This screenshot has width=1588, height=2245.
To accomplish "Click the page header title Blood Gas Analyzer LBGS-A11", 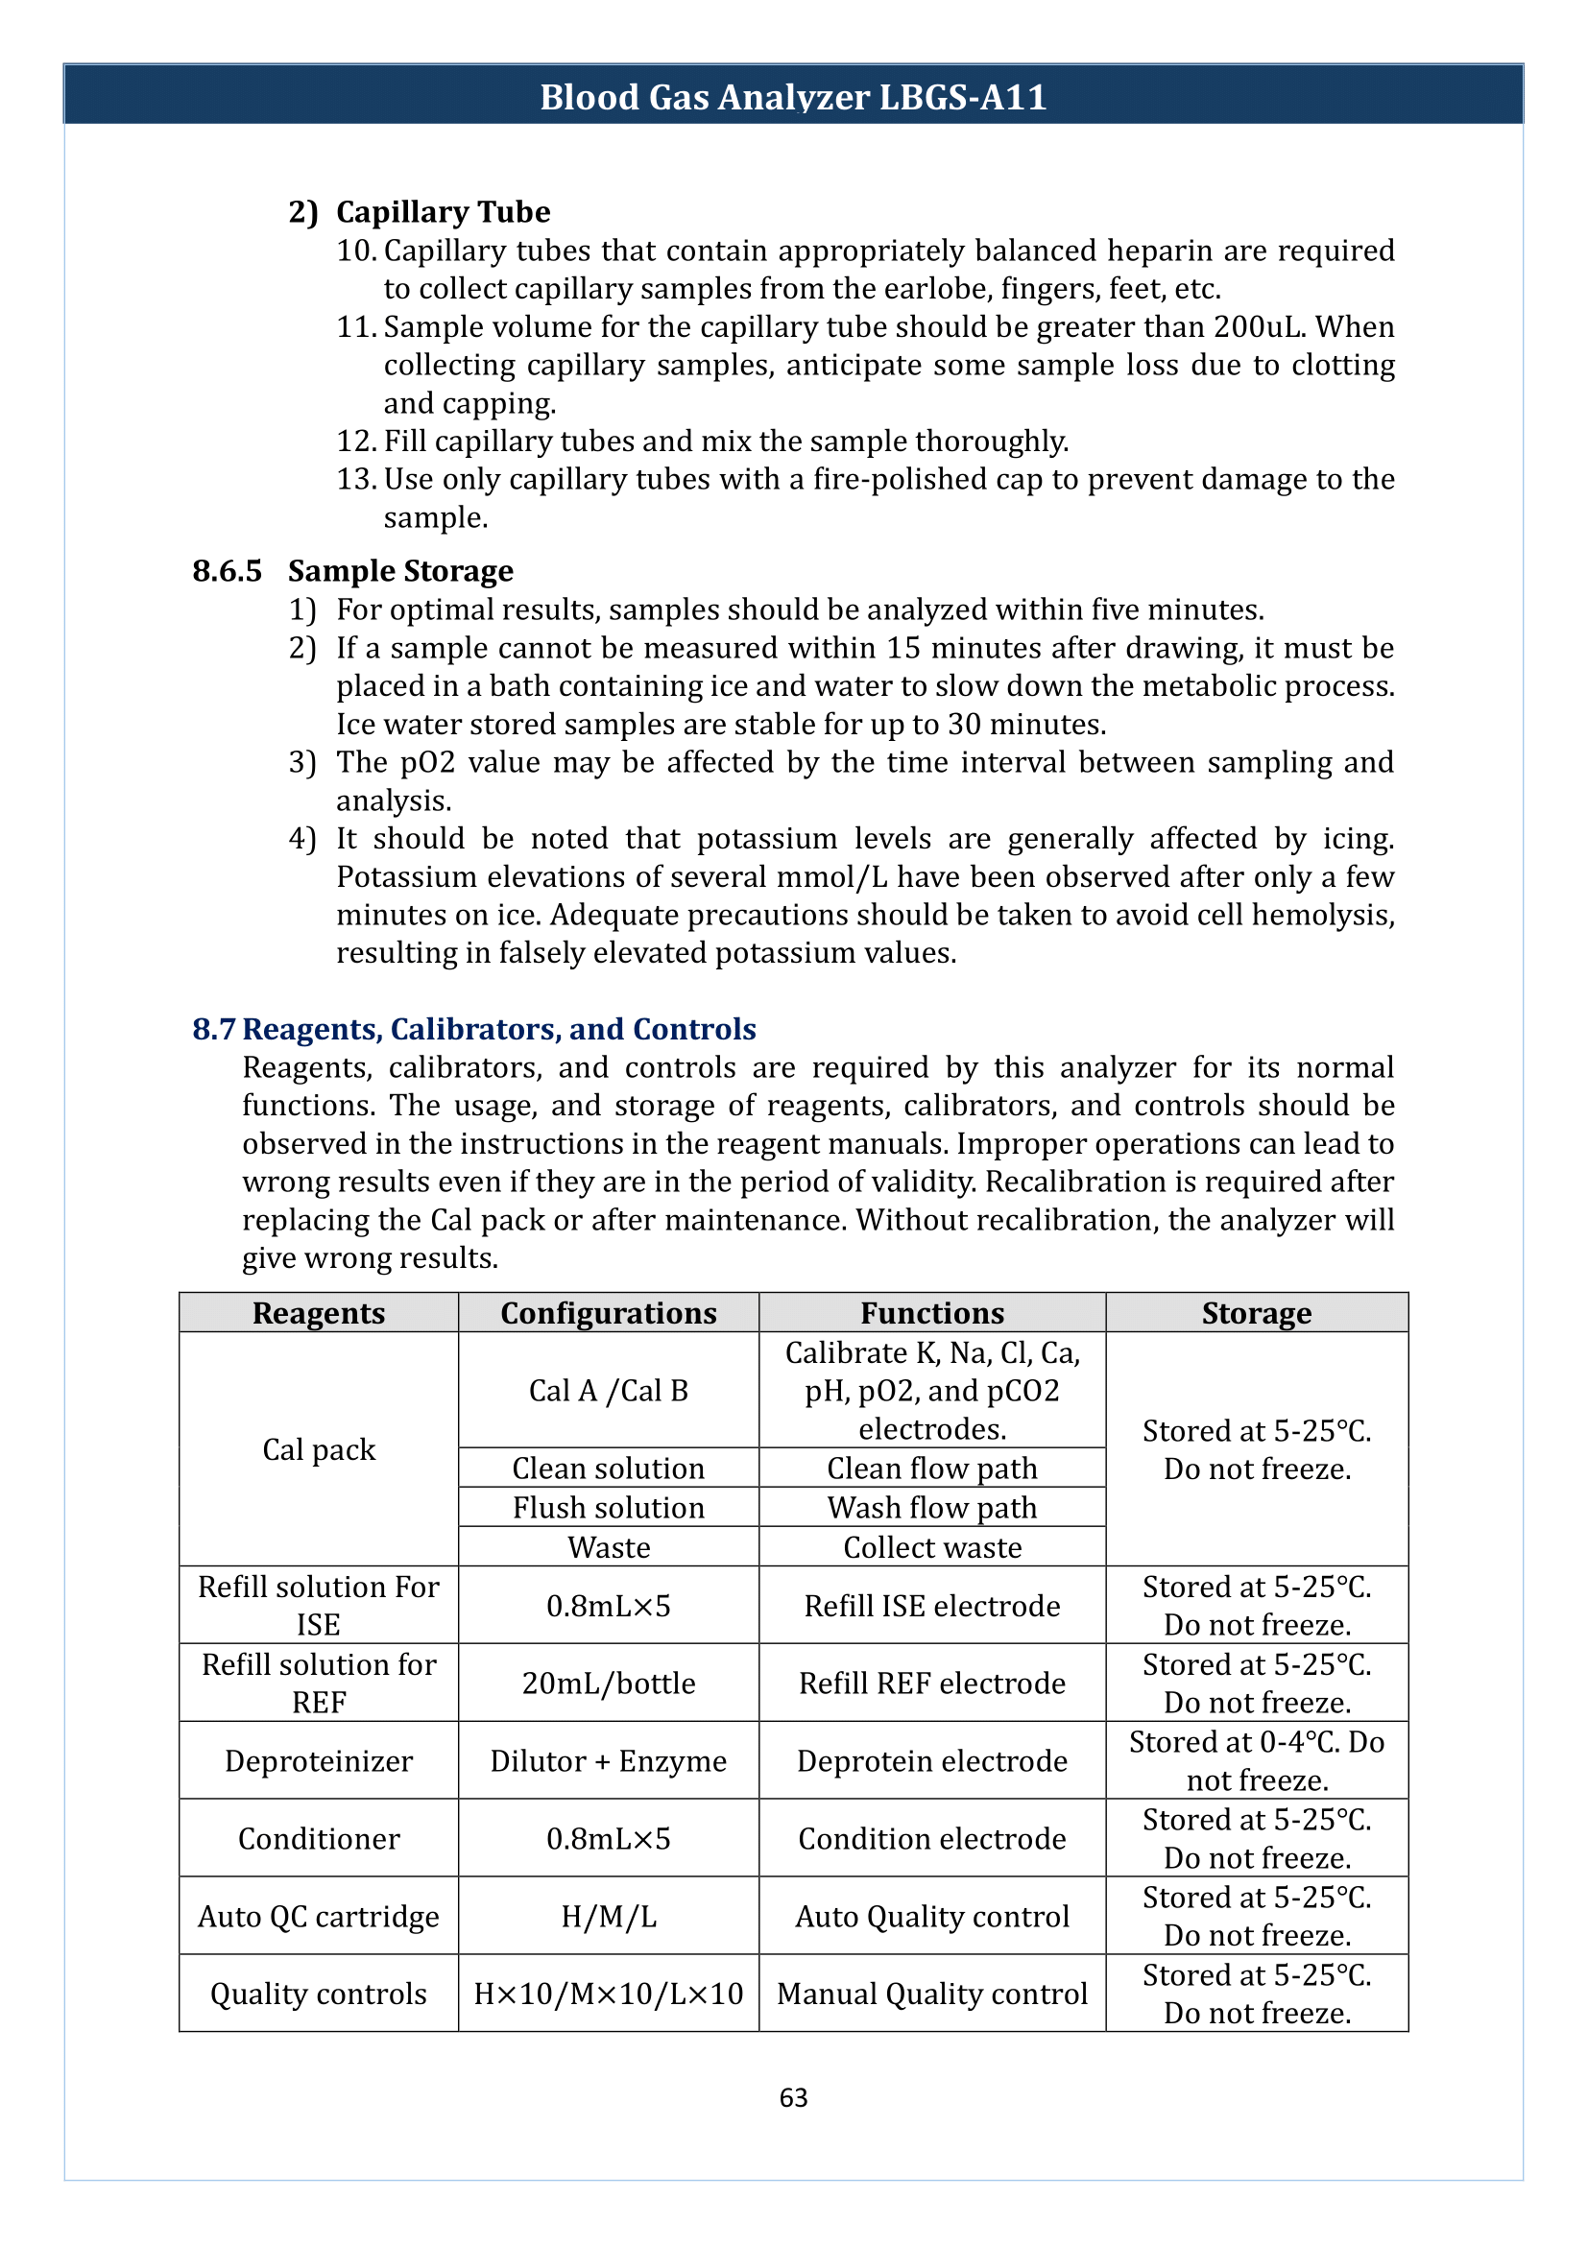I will pyautogui.click(x=793, y=97).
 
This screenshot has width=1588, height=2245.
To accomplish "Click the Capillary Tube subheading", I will pyautogui.click(x=442, y=212).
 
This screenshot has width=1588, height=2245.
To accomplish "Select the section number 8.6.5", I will pyautogui.click(x=227, y=571).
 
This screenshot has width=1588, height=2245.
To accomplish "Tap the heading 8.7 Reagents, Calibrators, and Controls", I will pyautogui.click(x=474, y=1029).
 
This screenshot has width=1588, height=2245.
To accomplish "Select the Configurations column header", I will pyautogui.click(x=608, y=1312).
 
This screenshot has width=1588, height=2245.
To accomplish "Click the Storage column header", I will pyautogui.click(x=1257, y=1312).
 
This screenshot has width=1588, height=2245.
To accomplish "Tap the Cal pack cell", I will pyautogui.click(x=319, y=1449).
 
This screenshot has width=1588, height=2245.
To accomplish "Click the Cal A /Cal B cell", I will pyautogui.click(x=608, y=1391).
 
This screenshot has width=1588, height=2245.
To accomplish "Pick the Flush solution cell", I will pyautogui.click(x=608, y=1508).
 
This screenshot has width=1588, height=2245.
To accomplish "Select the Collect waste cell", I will pyautogui.click(x=932, y=1547).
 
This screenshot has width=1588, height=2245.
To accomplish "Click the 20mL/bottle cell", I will pyautogui.click(x=608, y=1683).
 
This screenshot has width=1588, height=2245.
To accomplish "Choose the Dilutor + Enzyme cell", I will pyautogui.click(x=608, y=1761).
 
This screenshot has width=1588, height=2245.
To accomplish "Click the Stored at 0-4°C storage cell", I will pyautogui.click(x=1257, y=1760).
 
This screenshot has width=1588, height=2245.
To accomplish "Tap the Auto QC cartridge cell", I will pyautogui.click(x=319, y=1917).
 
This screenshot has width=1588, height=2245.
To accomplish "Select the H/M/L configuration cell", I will pyautogui.click(x=608, y=1917).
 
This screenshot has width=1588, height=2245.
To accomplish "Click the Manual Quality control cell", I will pyautogui.click(x=932, y=1994).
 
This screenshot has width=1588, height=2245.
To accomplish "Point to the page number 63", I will pyautogui.click(x=793, y=2097).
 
